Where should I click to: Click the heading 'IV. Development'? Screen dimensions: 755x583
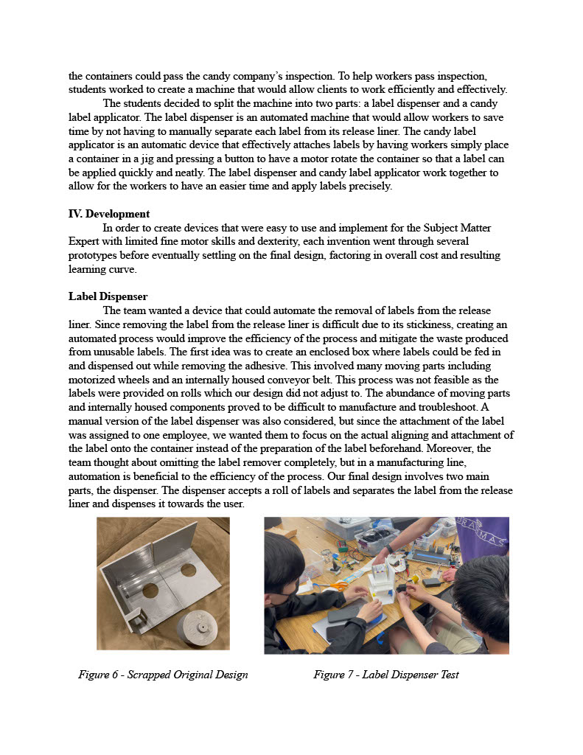pyautogui.click(x=109, y=214)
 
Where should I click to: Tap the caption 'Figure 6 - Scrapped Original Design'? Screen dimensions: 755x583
pyautogui.click(x=163, y=675)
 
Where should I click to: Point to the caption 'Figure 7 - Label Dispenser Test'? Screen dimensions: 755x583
pyautogui.click(x=386, y=675)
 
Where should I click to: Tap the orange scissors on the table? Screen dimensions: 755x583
pyautogui.click(x=336, y=586)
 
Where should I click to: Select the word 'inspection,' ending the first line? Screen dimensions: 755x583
pyautogui.click(x=461, y=76)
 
